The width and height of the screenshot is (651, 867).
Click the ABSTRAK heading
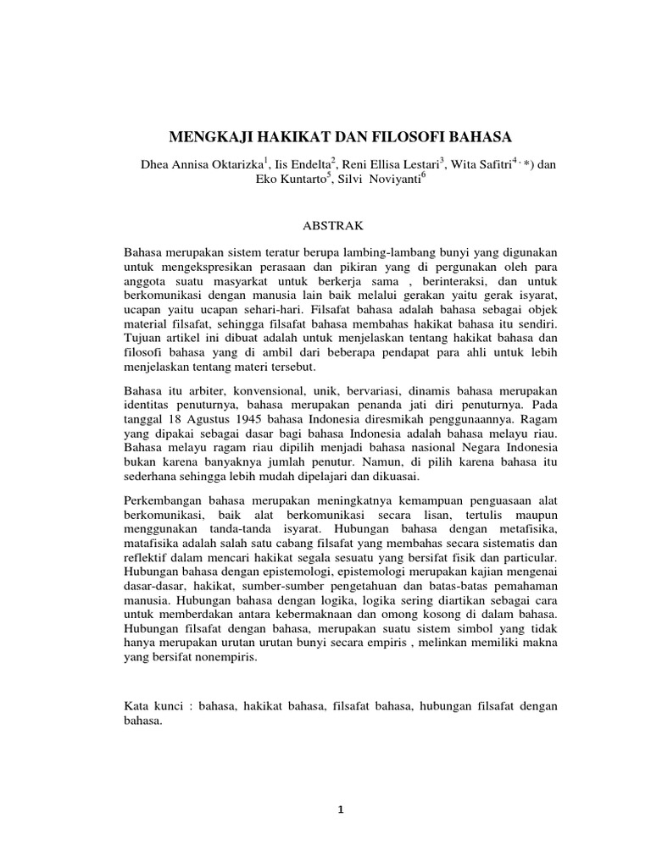point(326,226)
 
